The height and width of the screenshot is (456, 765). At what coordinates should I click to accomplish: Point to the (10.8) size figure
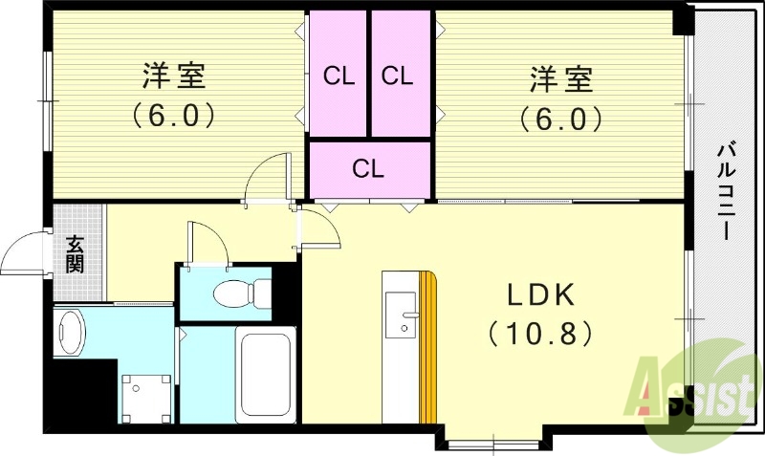[540, 334]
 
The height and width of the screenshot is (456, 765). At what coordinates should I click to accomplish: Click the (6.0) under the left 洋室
[173, 116]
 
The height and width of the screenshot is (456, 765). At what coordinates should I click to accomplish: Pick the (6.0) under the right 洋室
[559, 118]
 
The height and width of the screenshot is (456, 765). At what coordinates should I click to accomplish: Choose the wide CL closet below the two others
[368, 169]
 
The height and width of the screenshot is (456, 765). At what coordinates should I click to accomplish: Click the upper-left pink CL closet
[338, 76]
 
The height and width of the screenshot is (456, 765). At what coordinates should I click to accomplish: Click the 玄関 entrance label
[75, 253]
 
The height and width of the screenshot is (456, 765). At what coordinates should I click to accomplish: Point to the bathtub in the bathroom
[263, 373]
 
